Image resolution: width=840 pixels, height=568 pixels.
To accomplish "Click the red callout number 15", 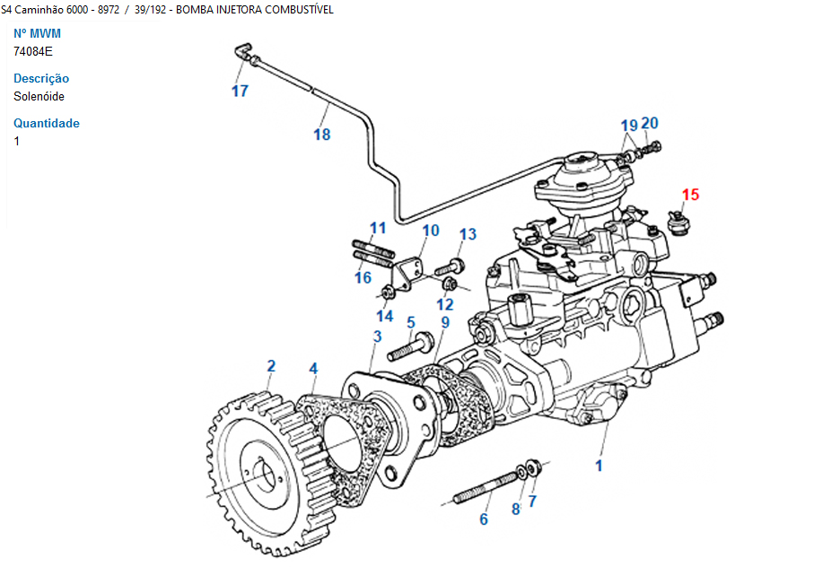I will tap(689, 194).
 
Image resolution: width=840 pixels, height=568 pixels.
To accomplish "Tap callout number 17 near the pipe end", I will tap(240, 91).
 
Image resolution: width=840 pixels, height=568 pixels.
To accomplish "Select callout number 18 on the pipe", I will tap(321, 135).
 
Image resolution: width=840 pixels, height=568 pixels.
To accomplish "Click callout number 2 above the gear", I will tap(270, 366).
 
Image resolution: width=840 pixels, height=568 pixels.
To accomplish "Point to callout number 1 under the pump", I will tap(599, 465).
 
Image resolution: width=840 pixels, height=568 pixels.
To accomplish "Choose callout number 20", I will tap(650, 124).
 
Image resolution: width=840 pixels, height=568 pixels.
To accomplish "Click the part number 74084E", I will tap(33, 51).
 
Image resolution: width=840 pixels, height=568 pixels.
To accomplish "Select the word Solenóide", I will tap(39, 96).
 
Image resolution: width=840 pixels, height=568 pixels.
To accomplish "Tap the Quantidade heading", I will tap(47, 123).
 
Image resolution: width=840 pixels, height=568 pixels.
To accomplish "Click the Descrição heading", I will tap(41, 78).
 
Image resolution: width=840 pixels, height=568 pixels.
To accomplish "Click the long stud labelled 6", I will tap(485, 488).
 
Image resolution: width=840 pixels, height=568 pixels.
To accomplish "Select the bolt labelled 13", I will tap(449, 267).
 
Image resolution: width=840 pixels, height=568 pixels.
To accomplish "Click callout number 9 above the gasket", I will tap(444, 322).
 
